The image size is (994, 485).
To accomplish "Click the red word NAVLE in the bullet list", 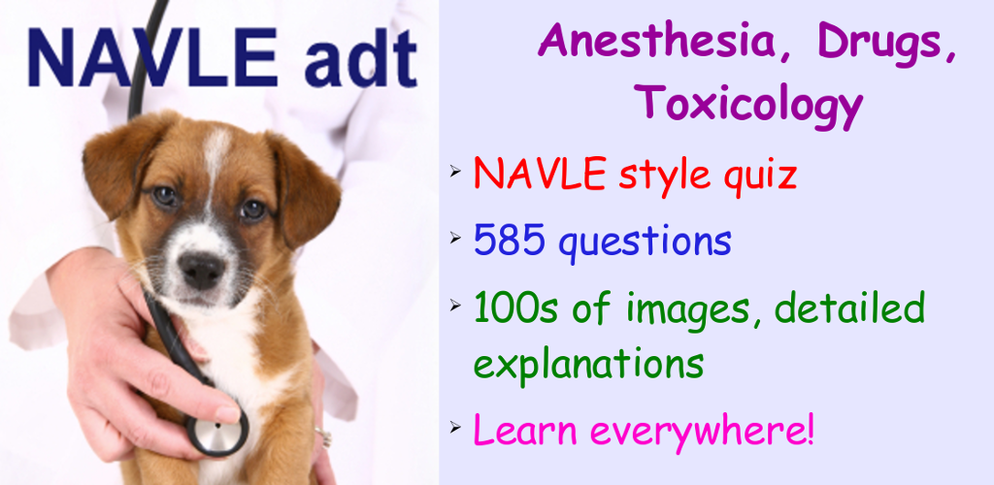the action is [x=539, y=174].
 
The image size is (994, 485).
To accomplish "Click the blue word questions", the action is [x=646, y=243].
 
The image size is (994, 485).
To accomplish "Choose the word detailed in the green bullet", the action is [x=848, y=308].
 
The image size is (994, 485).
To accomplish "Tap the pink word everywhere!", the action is [x=701, y=432].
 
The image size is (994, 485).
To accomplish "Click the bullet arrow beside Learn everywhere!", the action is [x=456, y=427].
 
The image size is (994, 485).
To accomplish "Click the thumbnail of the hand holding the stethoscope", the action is [x=229, y=413].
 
